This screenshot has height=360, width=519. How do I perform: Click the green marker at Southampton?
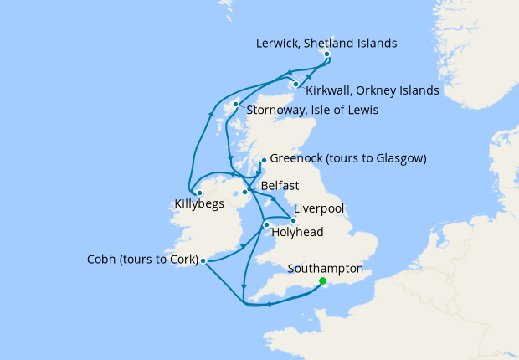(x=323, y=281)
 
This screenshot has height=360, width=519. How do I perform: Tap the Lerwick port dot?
(x=326, y=54)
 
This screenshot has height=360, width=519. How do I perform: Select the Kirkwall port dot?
(x=296, y=84)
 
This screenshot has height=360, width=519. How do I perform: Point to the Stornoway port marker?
(x=237, y=105)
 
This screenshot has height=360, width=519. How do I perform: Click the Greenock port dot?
(x=263, y=159)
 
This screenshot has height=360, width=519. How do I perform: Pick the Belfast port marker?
(x=245, y=193)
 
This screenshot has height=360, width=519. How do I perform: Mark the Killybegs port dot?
(x=199, y=193)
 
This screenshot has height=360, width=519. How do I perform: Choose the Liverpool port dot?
(x=293, y=220)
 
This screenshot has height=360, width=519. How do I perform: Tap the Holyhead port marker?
(x=266, y=224)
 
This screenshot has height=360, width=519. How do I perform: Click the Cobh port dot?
(x=203, y=260)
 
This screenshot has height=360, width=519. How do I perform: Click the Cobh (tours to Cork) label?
(x=142, y=260)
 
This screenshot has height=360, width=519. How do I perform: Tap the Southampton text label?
(x=325, y=269)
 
